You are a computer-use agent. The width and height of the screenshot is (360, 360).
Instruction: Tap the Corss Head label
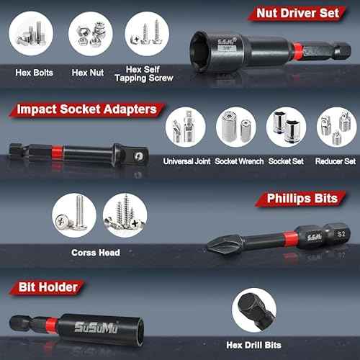click(x=96, y=253)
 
